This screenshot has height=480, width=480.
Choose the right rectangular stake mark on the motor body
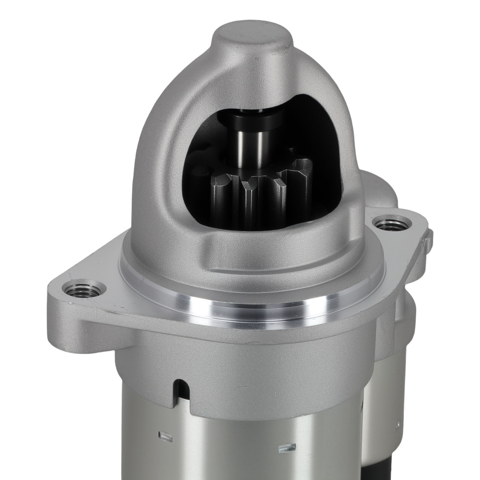click(288, 448)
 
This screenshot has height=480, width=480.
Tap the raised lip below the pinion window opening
click(269, 240)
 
